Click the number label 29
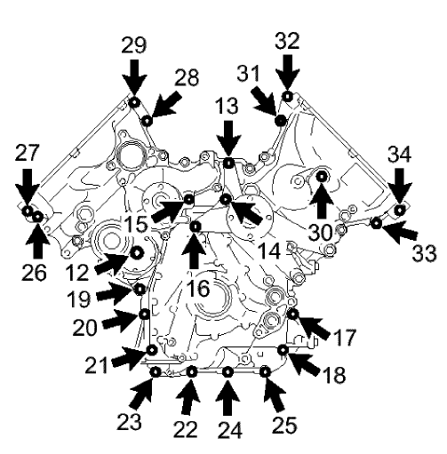click(x=133, y=44)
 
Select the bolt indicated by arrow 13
click(x=228, y=163)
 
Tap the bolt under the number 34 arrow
click(x=400, y=210)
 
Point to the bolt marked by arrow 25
click(x=264, y=370)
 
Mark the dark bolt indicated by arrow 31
click(x=280, y=120)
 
